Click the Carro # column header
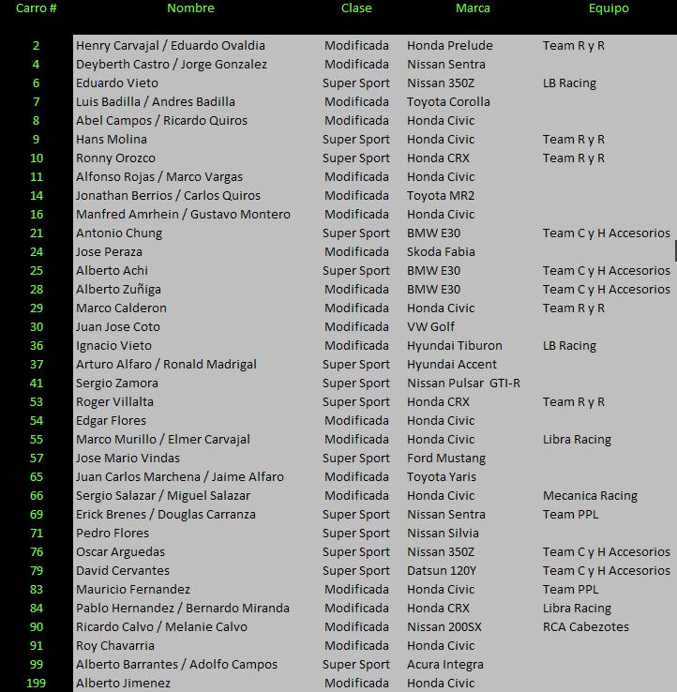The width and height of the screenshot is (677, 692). [x=37, y=8]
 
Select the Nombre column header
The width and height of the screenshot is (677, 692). [x=190, y=8]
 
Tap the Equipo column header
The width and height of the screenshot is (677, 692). [x=609, y=8]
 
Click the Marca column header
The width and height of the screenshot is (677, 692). [x=473, y=8]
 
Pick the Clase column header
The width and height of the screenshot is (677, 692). [x=356, y=8]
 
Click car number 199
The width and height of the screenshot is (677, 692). [x=37, y=684]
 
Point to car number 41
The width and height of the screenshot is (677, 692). [x=37, y=384]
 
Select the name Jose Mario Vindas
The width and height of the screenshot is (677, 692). [x=128, y=459]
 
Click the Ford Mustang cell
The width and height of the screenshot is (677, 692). [x=446, y=459]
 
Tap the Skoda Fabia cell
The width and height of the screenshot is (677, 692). [x=441, y=252]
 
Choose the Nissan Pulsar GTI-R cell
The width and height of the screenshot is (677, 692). [x=463, y=384]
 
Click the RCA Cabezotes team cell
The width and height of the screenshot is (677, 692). [x=586, y=627]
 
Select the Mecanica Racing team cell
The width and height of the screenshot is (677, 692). [x=590, y=496]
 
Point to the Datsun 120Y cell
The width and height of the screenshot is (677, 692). [x=442, y=571]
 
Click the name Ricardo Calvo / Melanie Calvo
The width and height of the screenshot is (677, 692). [x=161, y=627]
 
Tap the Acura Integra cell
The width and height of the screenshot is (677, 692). [x=445, y=665]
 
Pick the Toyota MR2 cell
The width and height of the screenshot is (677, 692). [x=441, y=196]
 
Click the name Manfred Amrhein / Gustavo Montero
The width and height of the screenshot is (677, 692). [x=183, y=215]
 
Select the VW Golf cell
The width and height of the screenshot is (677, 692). [x=430, y=327]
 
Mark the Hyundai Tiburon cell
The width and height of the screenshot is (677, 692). [x=455, y=346]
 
